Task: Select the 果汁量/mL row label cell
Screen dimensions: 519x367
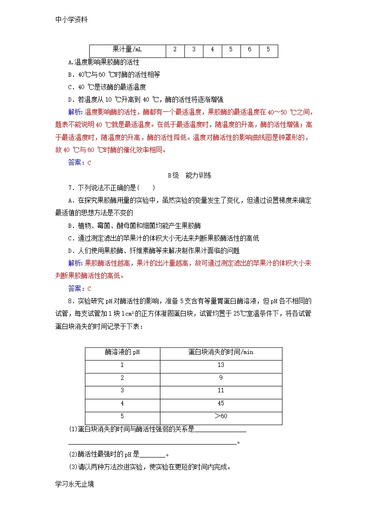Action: click(x=127, y=49)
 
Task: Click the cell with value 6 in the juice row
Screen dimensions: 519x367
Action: click(x=249, y=49)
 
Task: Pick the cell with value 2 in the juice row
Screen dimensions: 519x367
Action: click(x=175, y=49)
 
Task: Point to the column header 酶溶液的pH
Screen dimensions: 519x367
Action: click(x=122, y=352)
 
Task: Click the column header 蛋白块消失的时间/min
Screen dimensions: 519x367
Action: click(x=220, y=352)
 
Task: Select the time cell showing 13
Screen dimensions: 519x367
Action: click(x=220, y=365)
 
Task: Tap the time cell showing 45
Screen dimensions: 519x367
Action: click(x=220, y=403)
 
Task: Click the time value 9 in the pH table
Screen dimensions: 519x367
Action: click(x=220, y=378)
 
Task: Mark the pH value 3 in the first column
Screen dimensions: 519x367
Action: click(x=122, y=391)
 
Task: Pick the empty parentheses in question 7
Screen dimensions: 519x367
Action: click(x=147, y=188)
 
